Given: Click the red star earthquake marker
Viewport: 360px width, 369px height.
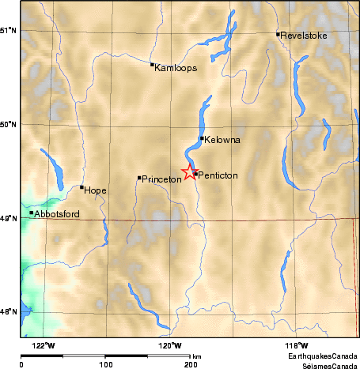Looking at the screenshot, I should pos(190,172).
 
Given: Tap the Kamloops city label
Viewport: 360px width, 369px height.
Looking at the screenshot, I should pos(176,68).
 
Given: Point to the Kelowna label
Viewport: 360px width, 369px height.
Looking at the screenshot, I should pos(222,140).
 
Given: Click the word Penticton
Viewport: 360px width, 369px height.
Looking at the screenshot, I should pos(218,175).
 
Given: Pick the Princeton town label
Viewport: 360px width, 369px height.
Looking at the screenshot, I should pos(162,179).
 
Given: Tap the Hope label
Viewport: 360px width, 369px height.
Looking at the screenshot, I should pos(95,190).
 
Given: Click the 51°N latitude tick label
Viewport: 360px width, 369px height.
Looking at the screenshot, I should pos(9,30).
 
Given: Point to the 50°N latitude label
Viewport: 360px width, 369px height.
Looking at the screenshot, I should pos(9,124).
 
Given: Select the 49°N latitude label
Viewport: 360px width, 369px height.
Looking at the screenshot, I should pos(9,218).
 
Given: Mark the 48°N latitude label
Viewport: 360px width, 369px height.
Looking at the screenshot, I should pos(9,312).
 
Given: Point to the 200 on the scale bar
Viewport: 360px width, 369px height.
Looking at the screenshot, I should pos(190,364).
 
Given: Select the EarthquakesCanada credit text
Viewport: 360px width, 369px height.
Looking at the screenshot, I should pos(328,357).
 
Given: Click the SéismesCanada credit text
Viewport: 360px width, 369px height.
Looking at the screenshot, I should pos(331,366).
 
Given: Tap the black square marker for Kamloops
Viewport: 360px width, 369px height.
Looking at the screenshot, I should pos(152,65).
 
